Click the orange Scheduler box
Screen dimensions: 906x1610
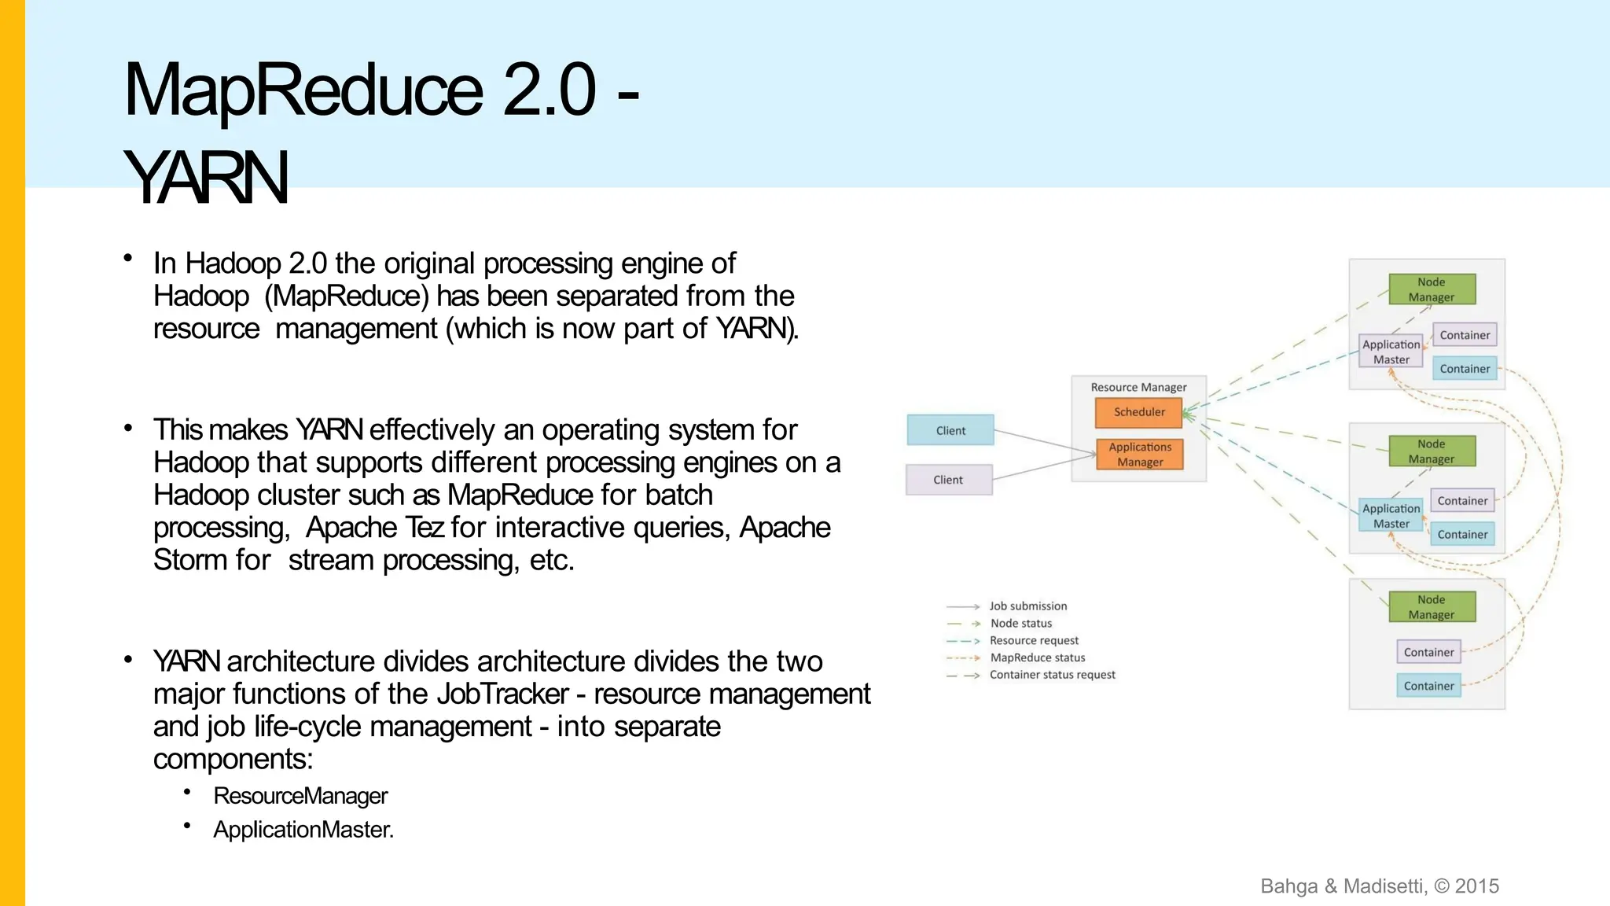pos(1139,412)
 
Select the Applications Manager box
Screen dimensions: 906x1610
pos(1139,455)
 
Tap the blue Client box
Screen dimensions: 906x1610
pos(950,430)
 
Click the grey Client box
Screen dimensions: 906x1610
pos(948,480)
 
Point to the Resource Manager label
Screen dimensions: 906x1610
pos(1138,387)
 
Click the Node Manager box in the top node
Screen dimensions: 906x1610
pos(1431,289)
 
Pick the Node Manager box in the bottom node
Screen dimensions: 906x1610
pos(1431,607)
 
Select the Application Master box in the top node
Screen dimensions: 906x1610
pos(1391,352)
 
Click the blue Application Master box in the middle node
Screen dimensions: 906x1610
pos(1391,516)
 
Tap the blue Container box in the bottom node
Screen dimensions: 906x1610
pos(1428,686)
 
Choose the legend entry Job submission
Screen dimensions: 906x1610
pos(1027,606)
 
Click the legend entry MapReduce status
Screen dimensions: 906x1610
pos(1037,657)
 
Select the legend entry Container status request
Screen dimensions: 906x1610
pos(1052,675)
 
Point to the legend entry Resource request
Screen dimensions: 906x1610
pos(1034,640)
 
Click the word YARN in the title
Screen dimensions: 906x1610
pos(206,178)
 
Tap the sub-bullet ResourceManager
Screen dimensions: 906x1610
pos(300,796)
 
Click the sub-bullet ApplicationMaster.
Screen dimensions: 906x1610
pos(303,830)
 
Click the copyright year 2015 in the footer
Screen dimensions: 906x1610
pos(1476,886)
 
